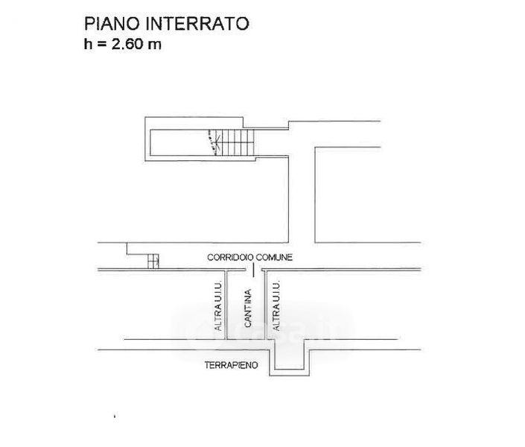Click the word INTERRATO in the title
tap(197, 23)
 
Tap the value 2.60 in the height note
tap(127, 44)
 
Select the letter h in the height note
tap(88, 44)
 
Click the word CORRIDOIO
tap(230, 257)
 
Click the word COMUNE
tap(274, 257)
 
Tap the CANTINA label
tap(248, 308)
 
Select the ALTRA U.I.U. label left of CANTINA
tap(218, 305)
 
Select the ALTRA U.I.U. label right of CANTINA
tap(276, 305)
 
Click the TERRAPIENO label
tap(232, 365)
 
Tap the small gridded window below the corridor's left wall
tap(153, 261)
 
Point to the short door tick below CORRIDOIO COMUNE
tap(253, 270)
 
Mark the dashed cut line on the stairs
tap(212, 142)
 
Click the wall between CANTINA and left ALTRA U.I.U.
tap(226, 305)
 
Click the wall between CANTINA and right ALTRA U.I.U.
tap(265, 305)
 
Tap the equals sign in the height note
tap(102, 45)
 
